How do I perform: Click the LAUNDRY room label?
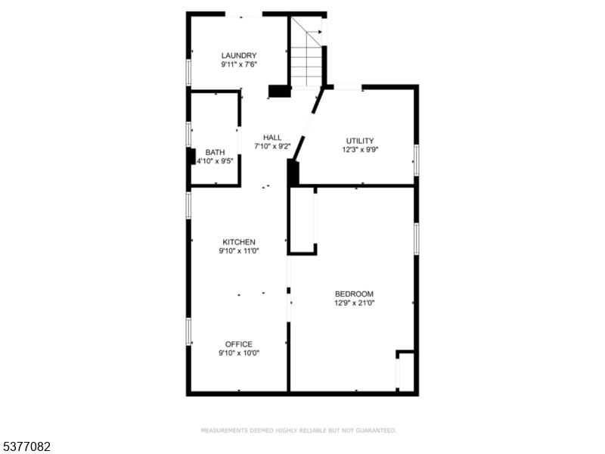(x=238, y=55)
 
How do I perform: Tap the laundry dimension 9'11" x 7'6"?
(x=238, y=65)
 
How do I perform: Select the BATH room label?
(x=215, y=152)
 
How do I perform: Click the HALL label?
(x=272, y=137)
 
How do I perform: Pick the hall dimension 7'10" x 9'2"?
(x=272, y=146)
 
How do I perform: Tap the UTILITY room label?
(x=360, y=141)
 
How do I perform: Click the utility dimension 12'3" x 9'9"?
(x=360, y=150)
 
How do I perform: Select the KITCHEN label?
(x=238, y=242)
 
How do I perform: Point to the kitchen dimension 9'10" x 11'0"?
(x=238, y=251)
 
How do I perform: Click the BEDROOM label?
(x=354, y=294)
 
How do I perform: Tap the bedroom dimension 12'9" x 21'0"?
(x=354, y=303)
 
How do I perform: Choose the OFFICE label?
(x=238, y=344)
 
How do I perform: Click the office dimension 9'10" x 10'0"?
(x=238, y=353)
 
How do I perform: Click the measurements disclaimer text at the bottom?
(x=298, y=431)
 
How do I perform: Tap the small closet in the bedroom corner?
(x=406, y=372)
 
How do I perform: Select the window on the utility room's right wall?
(x=416, y=160)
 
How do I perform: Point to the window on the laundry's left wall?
(x=188, y=72)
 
